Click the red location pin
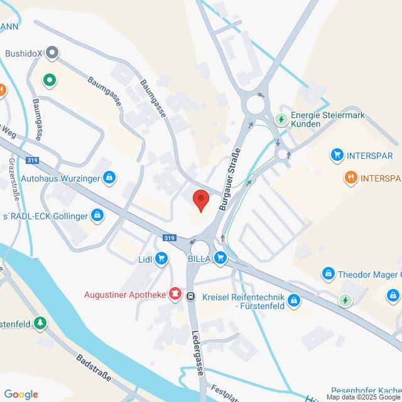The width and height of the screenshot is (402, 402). point(200,199)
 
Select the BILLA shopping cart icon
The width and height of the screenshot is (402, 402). point(220,257)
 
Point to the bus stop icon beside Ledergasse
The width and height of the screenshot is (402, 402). point(191,296)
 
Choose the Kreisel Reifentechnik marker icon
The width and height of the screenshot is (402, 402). point(295,301)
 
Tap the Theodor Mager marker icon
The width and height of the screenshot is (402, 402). point(328,274)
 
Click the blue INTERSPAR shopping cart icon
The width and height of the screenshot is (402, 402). point(337,155)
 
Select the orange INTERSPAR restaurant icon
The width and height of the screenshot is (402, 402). point(351,178)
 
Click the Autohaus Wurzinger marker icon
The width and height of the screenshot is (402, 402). point(109,178)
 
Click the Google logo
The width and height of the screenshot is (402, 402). point(21,394)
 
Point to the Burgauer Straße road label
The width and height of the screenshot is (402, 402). point(230,177)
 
